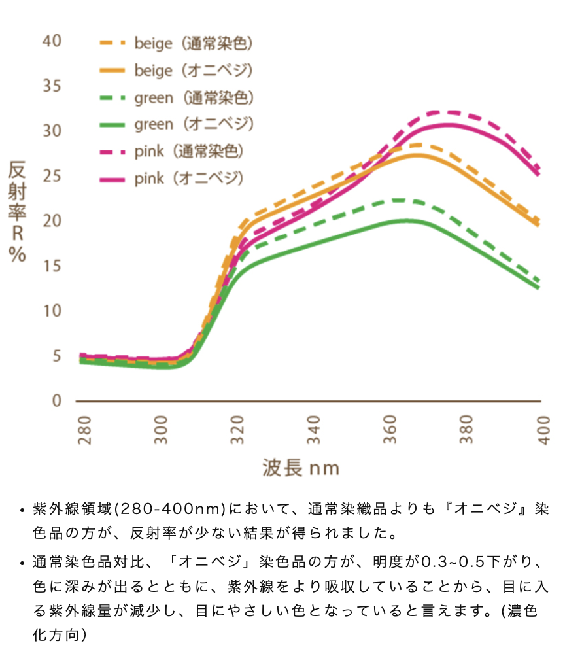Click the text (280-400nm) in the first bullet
tap(170, 508)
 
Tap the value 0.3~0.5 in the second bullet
tap(454, 563)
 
